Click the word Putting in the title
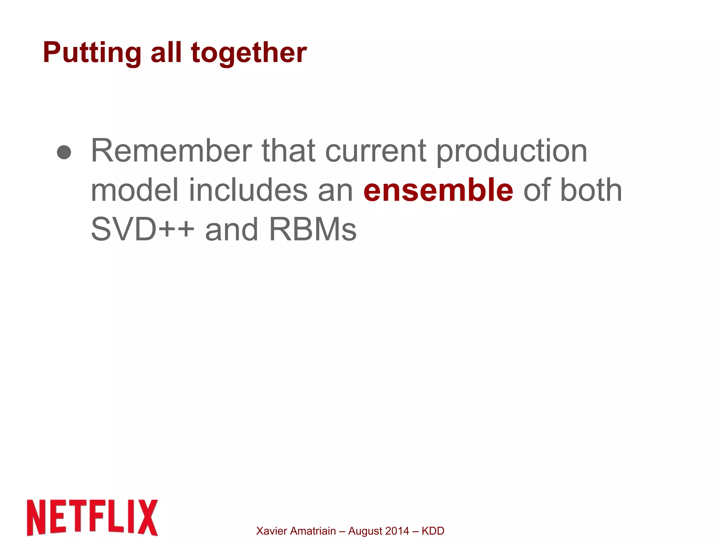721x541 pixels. pyautogui.click(x=92, y=53)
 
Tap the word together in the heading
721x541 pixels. pyautogui.click(x=249, y=53)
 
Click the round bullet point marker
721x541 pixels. pyautogui.click(x=64, y=152)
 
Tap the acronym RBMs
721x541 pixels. pyautogui.click(x=313, y=229)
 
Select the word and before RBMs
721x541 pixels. pyautogui.click(x=231, y=229)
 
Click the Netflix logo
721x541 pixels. pyautogui.click(x=92, y=517)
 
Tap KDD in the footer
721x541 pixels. pyautogui.click(x=433, y=531)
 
